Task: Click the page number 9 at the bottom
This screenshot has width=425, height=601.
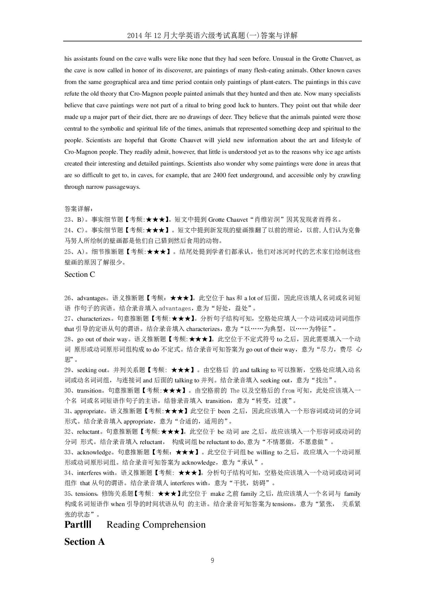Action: pyautogui.click(x=212, y=561)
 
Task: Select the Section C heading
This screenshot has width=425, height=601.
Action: pyautogui.click(x=80, y=274)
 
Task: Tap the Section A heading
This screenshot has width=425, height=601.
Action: pyautogui.click(x=84, y=542)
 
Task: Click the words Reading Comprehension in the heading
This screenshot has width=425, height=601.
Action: pyautogui.click(x=156, y=525)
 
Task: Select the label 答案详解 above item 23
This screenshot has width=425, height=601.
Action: pyautogui.click(x=78, y=209)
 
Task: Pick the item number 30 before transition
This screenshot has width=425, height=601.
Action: pyautogui.click(x=68, y=391)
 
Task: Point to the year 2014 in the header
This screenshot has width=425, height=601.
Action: pyautogui.click(x=134, y=35)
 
